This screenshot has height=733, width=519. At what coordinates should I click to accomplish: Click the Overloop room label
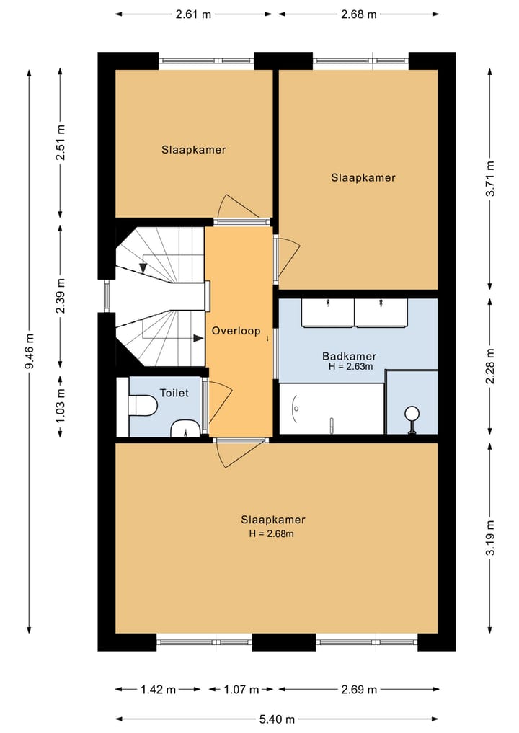(236, 331)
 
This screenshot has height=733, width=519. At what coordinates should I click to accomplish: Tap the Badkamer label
(350, 357)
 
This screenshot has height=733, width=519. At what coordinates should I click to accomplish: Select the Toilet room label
(174, 393)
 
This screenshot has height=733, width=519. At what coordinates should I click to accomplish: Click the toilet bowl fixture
(143, 406)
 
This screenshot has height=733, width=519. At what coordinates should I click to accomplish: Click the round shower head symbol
(412, 413)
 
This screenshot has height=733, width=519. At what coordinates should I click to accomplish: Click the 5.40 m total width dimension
(277, 719)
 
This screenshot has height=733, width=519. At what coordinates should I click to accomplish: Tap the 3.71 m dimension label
(490, 179)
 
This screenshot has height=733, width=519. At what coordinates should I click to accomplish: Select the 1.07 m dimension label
(241, 690)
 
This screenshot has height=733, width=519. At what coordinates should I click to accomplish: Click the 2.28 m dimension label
(490, 366)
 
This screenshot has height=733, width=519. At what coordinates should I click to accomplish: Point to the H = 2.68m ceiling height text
(272, 534)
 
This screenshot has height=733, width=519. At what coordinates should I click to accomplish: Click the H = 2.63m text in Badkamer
(350, 367)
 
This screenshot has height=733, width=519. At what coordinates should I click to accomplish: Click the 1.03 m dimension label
(61, 406)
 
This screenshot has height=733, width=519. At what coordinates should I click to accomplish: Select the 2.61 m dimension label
(194, 14)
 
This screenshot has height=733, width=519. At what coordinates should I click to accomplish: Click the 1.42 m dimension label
(158, 690)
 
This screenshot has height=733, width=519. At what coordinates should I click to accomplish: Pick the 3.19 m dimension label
(490, 538)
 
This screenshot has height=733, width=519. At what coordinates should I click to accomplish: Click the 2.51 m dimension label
(61, 143)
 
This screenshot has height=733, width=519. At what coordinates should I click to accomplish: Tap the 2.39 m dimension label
(61, 296)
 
